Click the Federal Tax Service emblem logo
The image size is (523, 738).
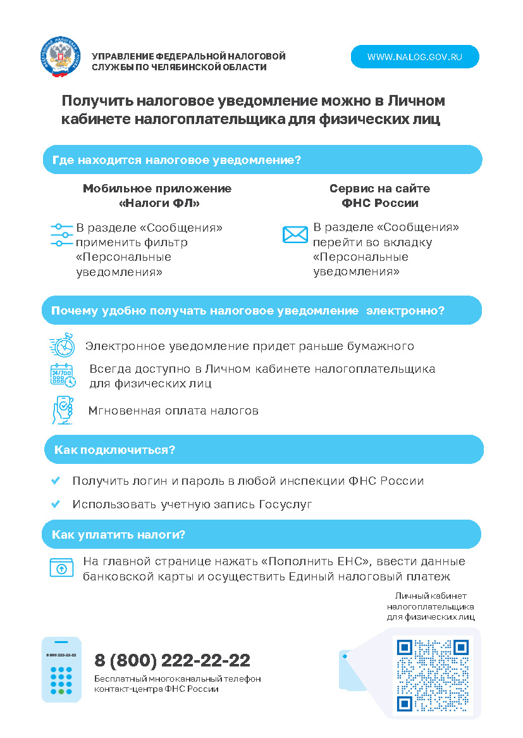pos(61,58)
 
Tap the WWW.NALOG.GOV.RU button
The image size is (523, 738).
pos(415,57)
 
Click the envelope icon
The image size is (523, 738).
pos(295,235)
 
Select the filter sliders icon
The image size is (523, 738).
pos(61,235)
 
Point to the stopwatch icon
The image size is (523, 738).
pos(63,346)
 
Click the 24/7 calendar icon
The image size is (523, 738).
pos(63,375)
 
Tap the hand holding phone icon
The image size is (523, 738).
pos(63,410)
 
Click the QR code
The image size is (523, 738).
pos(433,675)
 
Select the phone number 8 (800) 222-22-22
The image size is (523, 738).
pos(172,661)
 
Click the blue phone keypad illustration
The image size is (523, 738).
pos(61,670)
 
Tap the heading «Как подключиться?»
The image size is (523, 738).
pos(114,450)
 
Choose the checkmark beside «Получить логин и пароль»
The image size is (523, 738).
pos(56,481)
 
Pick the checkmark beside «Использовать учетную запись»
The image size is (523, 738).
pos(56,504)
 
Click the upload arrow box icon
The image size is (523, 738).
pos(61,568)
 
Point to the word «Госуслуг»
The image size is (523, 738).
pos(286,504)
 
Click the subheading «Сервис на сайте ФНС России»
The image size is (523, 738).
pos(379,196)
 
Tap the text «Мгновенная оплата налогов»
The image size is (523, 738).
pos(173,411)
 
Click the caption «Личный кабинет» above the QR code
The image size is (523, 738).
pos(431,596)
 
